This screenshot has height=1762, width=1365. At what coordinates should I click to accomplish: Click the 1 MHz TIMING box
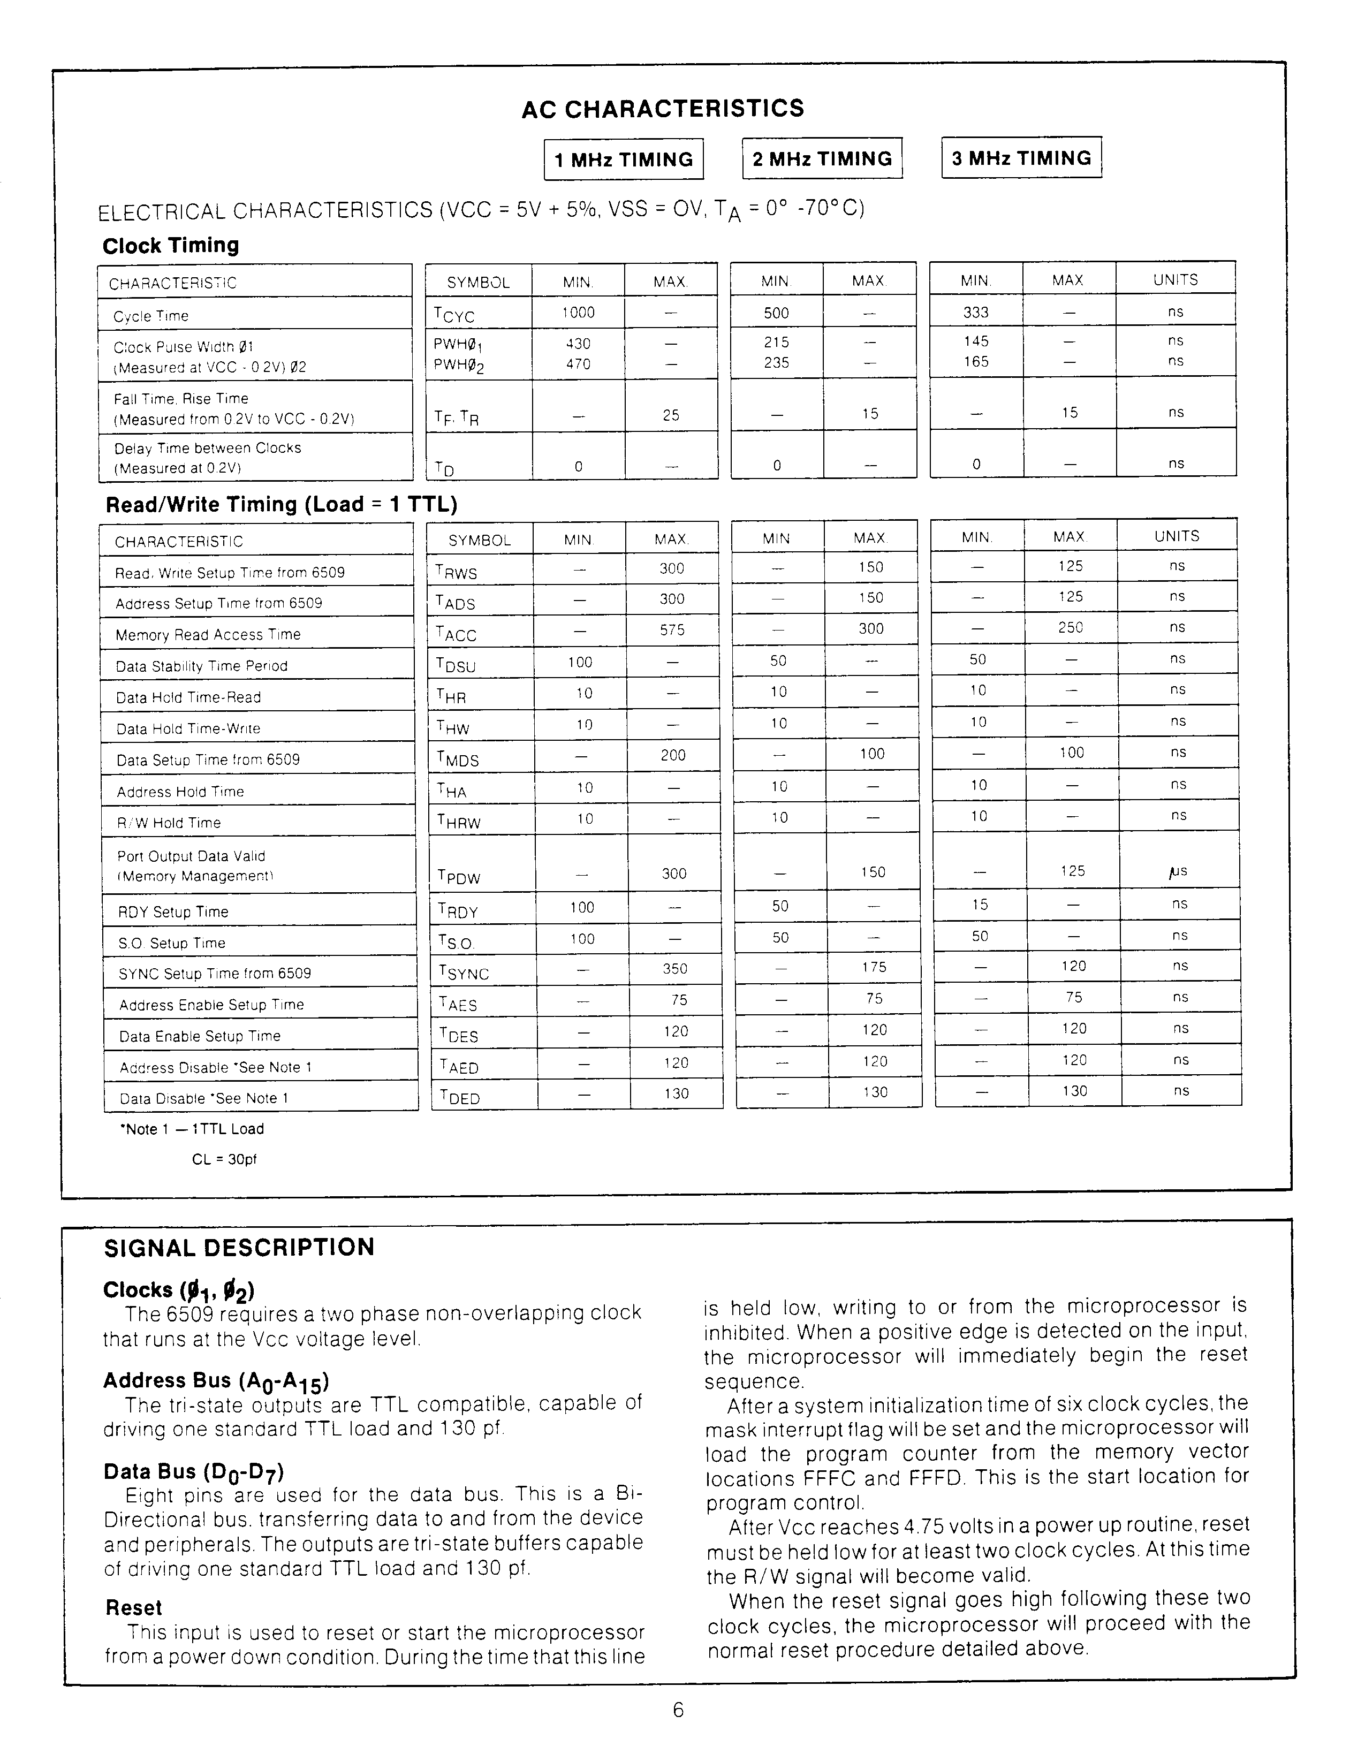pos(624,160)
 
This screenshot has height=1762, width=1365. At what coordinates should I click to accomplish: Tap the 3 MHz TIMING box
pos(1021,158)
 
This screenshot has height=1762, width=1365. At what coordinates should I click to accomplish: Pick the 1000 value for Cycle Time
pos(579,312)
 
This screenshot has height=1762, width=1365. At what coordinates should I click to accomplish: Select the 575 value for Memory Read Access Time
pos(672,629)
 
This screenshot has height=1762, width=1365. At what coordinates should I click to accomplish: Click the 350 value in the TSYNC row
pos(674,968)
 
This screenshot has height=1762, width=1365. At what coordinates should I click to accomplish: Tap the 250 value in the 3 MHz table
pos(1071,627)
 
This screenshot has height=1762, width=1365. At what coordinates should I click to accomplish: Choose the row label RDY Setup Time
pos(173,912)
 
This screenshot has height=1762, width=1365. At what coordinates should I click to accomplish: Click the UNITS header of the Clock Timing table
pos(1176,279)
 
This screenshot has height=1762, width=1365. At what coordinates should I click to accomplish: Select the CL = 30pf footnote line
pos(224,1159)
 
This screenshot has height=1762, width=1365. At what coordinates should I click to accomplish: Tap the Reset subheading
pos(134,1608)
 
